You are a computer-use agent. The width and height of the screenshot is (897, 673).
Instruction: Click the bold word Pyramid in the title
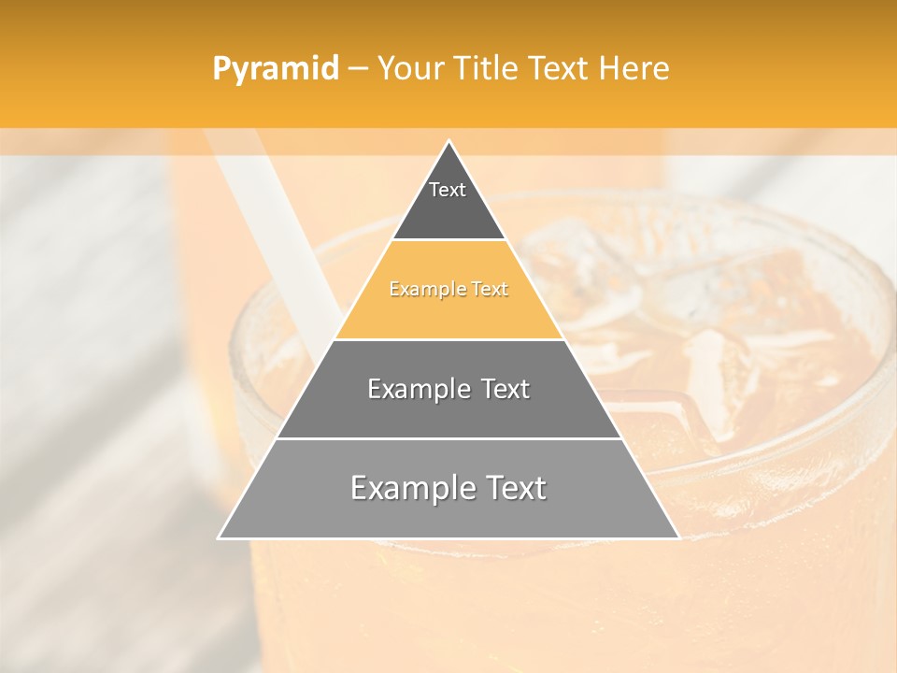[276, 68]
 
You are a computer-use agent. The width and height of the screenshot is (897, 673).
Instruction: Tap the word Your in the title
[411, 68]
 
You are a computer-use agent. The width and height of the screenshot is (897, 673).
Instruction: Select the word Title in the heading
[486, 68]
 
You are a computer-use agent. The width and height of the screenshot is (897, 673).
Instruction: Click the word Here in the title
[634, 68]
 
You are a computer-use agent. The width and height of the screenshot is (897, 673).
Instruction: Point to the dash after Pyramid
[357, 69]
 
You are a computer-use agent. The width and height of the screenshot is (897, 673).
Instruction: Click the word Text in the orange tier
[490, 290]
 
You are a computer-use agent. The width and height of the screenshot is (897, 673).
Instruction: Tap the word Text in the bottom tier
[517, 488]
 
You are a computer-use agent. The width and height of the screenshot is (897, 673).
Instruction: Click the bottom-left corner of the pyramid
[220, 537]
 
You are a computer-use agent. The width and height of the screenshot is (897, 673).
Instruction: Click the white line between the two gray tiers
[448, 438]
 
